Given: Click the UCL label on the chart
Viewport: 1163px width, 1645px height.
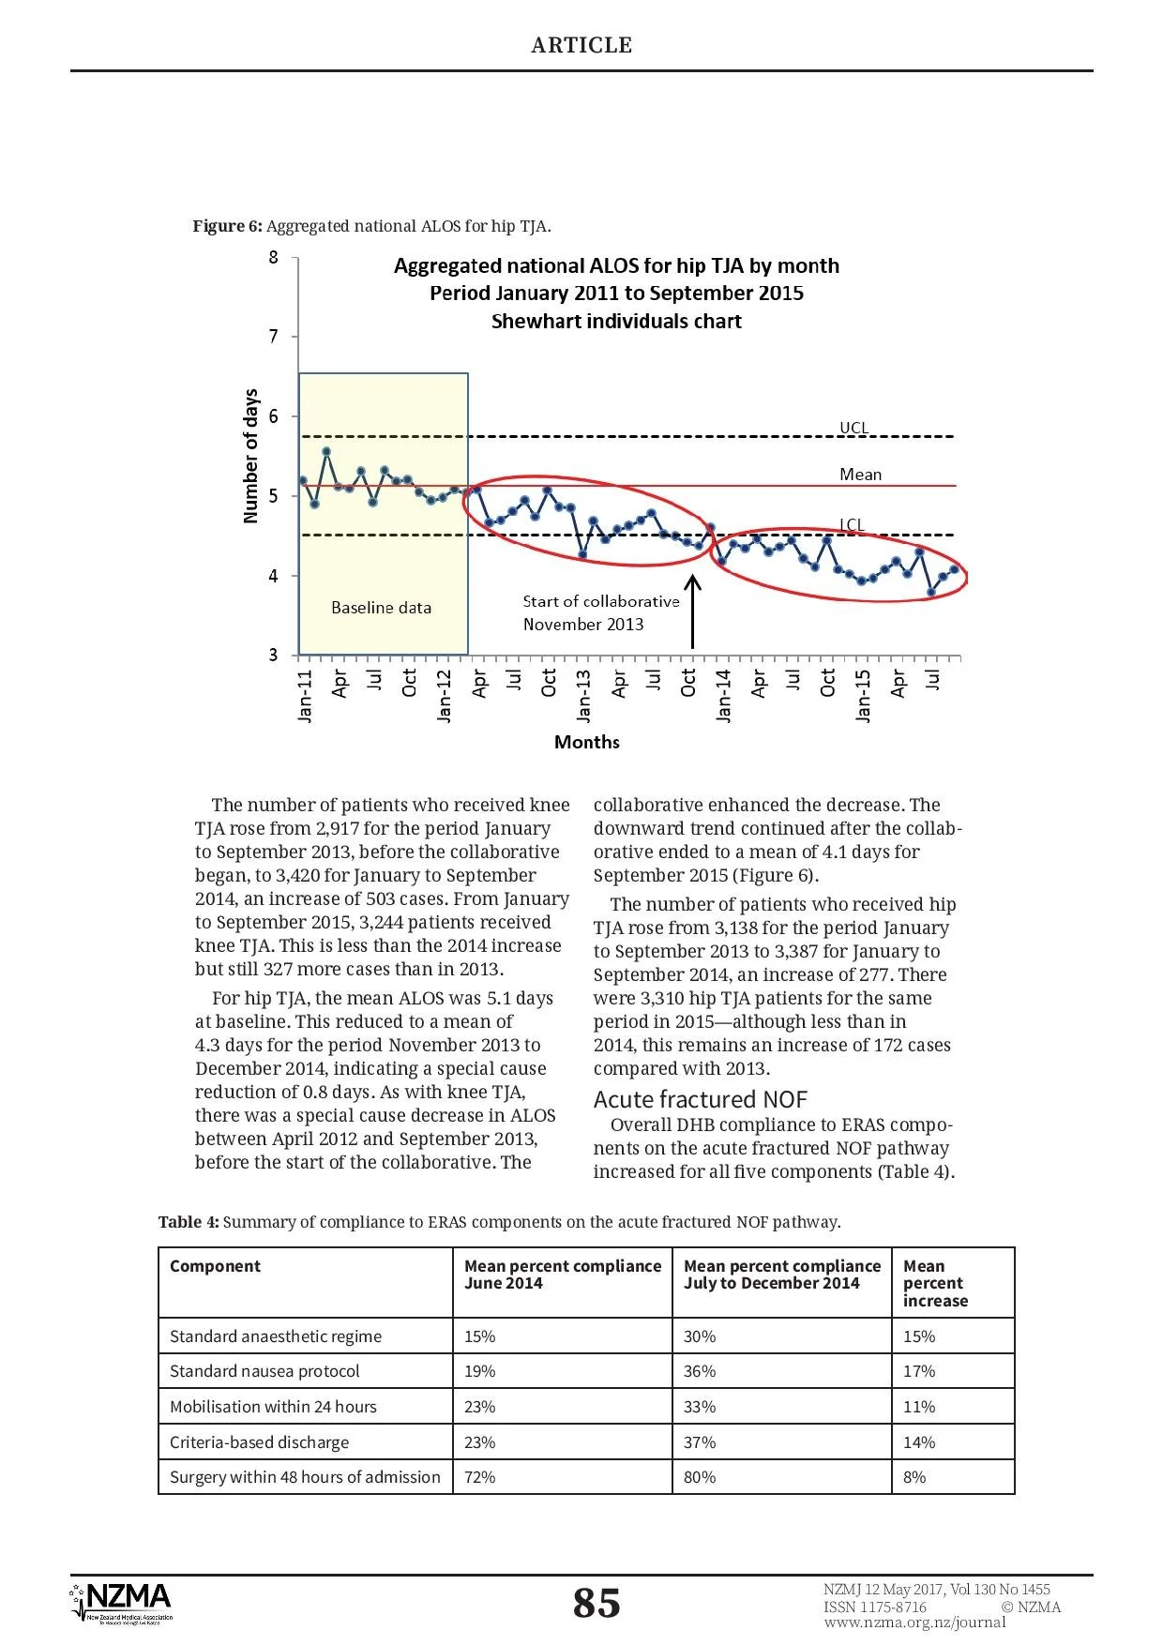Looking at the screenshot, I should (x=853, y=428).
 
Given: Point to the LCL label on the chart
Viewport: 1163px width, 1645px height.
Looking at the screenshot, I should (x=852, y=525).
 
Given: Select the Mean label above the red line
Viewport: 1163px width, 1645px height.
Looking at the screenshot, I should (x=860, y=475).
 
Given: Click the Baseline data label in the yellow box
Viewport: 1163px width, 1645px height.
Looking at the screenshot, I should (x=381, y=608).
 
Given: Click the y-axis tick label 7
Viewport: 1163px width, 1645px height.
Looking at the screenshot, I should (x=273, y=336).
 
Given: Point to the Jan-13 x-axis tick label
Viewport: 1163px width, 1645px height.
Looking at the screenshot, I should (x=583, y=695).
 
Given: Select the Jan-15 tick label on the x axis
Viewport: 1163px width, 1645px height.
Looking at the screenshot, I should (x=863, y=695).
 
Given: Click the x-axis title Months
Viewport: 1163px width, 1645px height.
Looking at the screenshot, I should (x=586, y=742).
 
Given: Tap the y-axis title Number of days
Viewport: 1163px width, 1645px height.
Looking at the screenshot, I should (x=250, y=456).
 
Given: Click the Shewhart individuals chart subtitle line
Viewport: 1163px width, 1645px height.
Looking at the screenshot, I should (x=616, y=322).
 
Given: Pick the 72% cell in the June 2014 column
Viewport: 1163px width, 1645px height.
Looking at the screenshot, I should (x=479, y=1477).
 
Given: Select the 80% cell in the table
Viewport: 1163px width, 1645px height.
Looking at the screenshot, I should (x=700, y=1477).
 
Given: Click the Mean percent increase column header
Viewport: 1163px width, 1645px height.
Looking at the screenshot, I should (x=934, y=1283).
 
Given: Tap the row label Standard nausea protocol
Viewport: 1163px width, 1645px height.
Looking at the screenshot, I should (x=264, y=1371).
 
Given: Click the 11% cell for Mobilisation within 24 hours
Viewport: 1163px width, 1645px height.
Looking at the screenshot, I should (x=919, y=1407).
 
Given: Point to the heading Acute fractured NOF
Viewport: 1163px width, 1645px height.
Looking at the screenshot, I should (x=700, y=1099).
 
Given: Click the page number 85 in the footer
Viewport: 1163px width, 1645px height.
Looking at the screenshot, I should (x=597, y=1603).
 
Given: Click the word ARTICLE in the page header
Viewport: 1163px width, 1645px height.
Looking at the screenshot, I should (x=581, y=45).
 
